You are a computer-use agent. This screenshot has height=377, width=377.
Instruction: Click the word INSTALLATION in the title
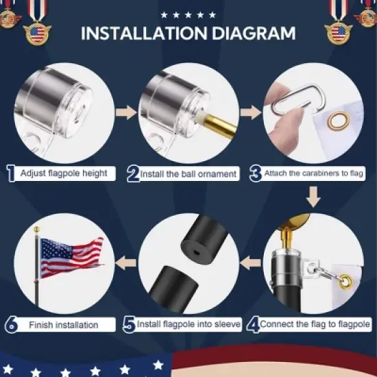tap(143, 33)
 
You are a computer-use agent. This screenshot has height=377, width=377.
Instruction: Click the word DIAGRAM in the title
tap(252, 33)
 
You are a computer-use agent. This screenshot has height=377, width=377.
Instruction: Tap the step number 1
tap(11, 173)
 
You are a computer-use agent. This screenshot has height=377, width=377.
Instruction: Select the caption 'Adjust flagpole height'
tap(64, 173)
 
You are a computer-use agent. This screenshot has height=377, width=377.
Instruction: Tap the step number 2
tap(133, 174)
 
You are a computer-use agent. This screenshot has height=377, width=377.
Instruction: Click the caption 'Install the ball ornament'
tap(188, 174)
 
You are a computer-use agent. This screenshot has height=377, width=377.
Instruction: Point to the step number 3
tap(255, 173)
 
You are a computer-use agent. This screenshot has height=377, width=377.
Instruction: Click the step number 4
tap(253, 324)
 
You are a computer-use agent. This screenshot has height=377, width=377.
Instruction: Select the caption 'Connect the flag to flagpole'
tap(316, 324)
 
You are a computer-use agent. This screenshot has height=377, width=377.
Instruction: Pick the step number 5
tap(129, 324)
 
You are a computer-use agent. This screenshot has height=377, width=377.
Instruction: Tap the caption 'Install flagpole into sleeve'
tap(188, 324)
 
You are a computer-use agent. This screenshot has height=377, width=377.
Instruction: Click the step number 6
tap(11, 324)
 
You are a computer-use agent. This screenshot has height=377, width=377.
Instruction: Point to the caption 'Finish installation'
tap(64, 324)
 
